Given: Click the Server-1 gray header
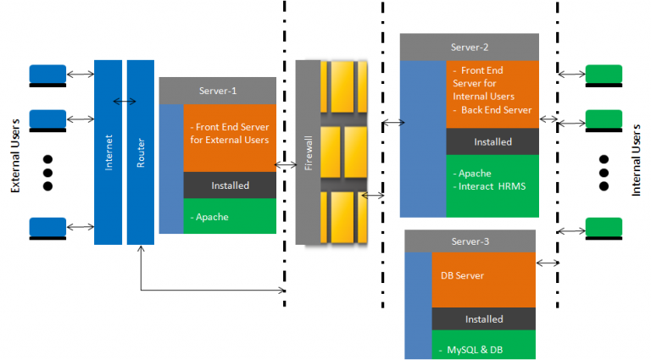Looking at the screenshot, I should coord(218,91).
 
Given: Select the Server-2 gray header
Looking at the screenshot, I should coord(469,47).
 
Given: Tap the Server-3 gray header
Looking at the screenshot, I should coord(470,241).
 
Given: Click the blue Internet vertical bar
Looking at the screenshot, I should coord(108,152).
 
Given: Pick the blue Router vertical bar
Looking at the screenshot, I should coord(141,152).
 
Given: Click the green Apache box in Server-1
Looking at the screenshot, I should coord(230,217).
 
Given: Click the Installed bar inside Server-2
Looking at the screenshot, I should coord(492,141).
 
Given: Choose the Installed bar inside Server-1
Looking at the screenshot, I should coord(230,185).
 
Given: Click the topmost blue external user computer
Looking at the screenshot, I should coord(47,75).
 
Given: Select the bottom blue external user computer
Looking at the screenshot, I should coord(47,227).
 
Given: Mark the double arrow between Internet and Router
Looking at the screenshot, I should coord(125,102).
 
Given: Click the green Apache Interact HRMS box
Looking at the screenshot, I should coord(492,185).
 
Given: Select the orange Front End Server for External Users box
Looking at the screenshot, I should coord(230,138).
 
